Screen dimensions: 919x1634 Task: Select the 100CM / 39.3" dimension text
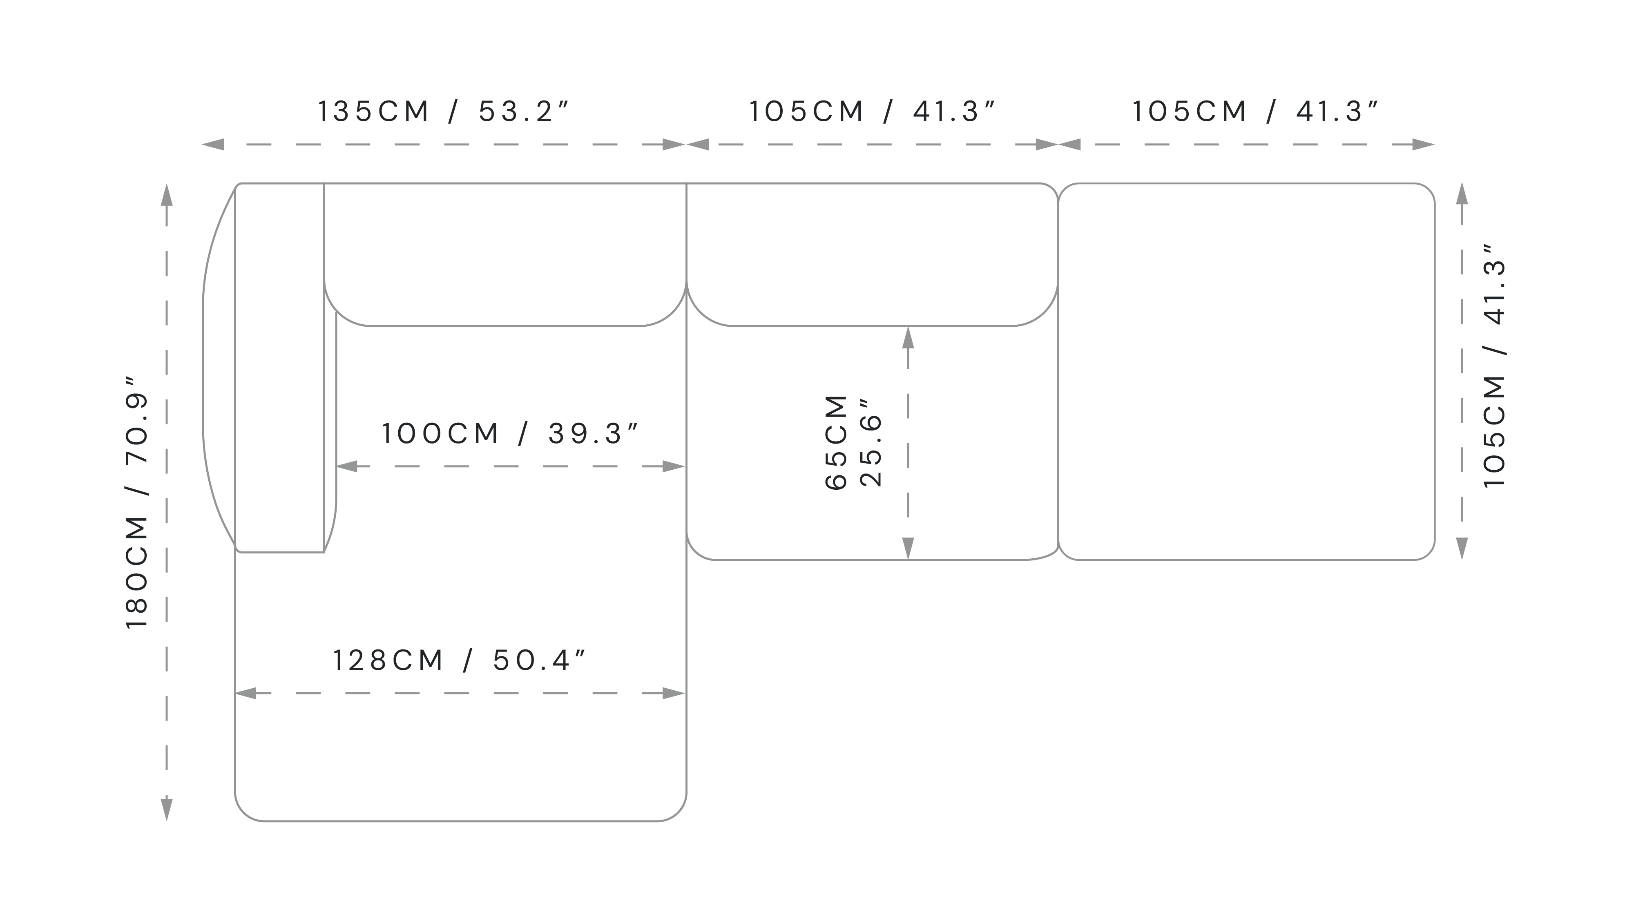(509, 434)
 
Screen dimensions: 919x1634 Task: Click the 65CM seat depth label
(836, 442)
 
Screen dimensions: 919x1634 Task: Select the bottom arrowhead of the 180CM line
(166, 810)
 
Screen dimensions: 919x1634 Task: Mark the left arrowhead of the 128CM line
(246, 693)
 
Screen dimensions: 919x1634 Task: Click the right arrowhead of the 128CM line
(674, 693)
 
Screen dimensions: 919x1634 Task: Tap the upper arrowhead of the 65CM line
(909, 337)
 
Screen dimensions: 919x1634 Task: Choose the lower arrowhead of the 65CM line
(909, 549)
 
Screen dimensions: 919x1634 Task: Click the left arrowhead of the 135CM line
(213, 145)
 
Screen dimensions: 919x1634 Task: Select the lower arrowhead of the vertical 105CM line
(1462, 549)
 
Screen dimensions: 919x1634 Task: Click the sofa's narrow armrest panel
(280, 368)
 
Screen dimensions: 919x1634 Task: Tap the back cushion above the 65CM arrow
(872, 254)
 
